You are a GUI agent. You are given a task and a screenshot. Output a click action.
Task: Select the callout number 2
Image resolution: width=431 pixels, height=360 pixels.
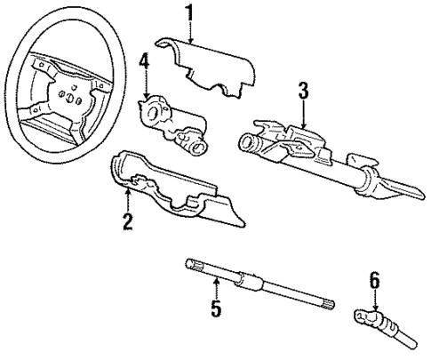tap(128, 221)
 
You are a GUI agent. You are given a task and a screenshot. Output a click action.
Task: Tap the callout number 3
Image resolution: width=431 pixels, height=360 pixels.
tap(303, 89)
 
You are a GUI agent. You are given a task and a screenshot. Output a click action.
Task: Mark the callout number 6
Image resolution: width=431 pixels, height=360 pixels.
tap(374, 282)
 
